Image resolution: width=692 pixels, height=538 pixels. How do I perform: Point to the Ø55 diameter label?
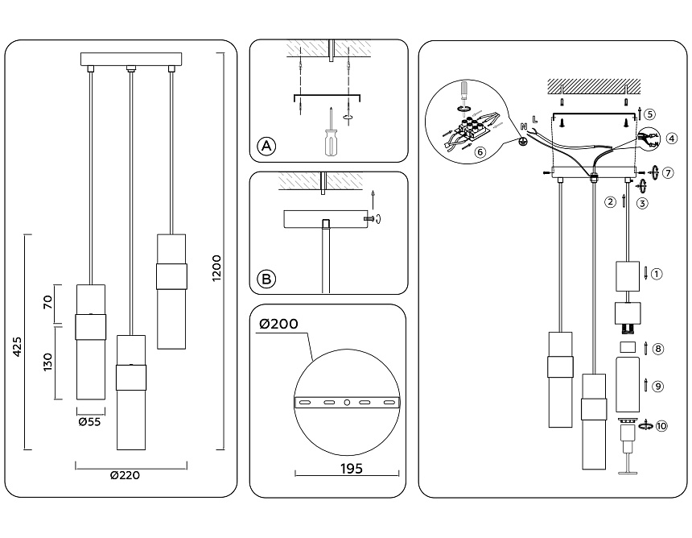pos(89,421)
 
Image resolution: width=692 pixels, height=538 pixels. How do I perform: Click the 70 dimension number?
pos(47,303)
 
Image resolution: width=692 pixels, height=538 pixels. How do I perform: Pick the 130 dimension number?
pos(47,362)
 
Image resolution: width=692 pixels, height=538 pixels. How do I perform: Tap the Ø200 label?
pos(278,325)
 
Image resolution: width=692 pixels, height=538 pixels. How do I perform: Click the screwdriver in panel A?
pos(329,138)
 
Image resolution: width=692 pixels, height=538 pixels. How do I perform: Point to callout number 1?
pos(657,274)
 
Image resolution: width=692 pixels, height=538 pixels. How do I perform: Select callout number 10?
pos(661,426)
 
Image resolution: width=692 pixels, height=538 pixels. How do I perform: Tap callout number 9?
pos(657,387)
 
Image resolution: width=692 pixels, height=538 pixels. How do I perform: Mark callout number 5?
pos(650,114)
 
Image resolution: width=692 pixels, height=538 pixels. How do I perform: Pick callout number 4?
pos(671,139)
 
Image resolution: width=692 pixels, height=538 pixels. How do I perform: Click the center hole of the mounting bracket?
pos(346,402)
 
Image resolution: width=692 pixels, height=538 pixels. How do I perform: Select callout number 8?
pos(657,349)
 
